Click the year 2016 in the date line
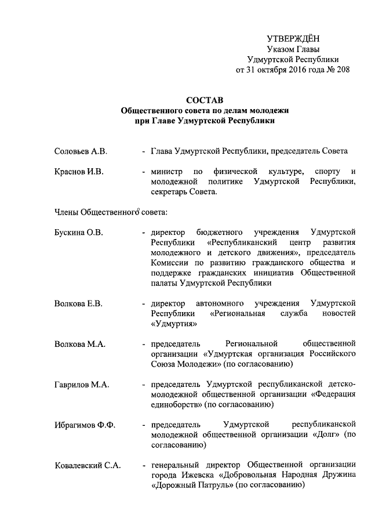pyautogui.click(x=298, y=70)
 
